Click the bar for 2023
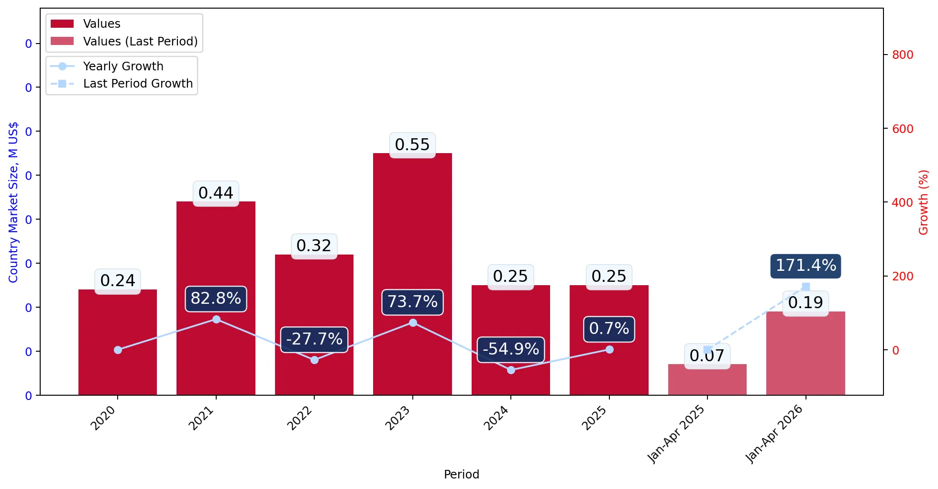(412, 274)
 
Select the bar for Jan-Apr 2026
(806, 353)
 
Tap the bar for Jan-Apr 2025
(707, 379)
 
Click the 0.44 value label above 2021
(216, 193)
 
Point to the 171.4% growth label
(806, 266)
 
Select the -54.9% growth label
(511, 349)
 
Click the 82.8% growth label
(216, 299)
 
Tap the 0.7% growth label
(609, 329)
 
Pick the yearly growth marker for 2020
(118, 350)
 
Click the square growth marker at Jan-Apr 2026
(806, 287)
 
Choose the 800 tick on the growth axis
(903, 55)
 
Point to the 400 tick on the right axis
(903, 202)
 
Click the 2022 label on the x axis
(299, 418)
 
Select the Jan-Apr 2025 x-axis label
(676, 434)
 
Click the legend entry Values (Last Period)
(124, 42)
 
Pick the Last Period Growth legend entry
(121, 84)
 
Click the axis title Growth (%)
(924, 202)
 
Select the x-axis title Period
(461, 474)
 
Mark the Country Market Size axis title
(13, 202)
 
